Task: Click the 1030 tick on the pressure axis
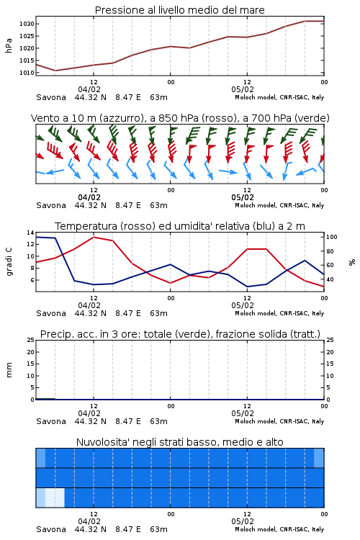pyautogui.click(x=27, y=24)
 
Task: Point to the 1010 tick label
pyautogui.click(x=27, y=73)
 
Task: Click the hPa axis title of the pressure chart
pyautogui.click(x=9, y=45)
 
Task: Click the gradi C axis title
pyautogui.click(x=9, y=261)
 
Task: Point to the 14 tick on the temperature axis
pyautogui.click(x=30, y=233)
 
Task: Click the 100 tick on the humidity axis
pyautogui.click(x=332, y=237)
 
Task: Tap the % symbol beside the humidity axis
pyautogui.click(x=352, y=262)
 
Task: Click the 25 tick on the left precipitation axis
pyautogui.click(x=30, y=340)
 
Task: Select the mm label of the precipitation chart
pyautogui.click(x=9, y=370)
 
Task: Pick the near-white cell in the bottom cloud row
pyautogui.click(x=55, y=498)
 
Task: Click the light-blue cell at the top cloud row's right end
pyautogui.click(x=319, y=458)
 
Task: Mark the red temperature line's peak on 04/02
pyautogui.click(x=94, y=237)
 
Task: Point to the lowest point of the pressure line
pyautogui.click(x=55, y=71)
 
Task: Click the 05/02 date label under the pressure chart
pyautogui.click(x=243, y=89)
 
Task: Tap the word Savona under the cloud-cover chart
pyautogui.click(x=51, y=529)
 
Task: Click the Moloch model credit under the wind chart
pyautogui.click(x=279, y=205)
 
